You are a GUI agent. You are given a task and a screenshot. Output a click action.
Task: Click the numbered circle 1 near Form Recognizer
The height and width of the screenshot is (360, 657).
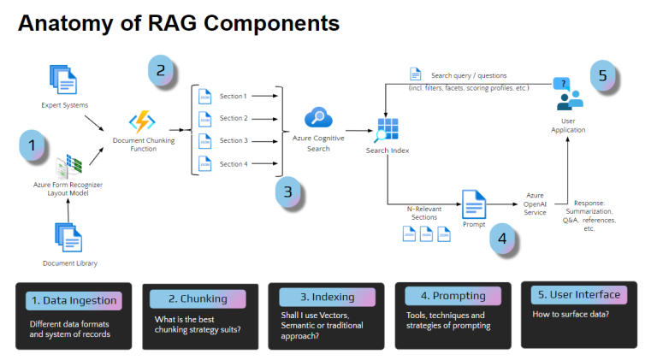[x=33, y=145]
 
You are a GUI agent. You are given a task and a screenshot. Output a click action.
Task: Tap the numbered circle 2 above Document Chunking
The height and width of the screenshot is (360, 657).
[x=161, y=70]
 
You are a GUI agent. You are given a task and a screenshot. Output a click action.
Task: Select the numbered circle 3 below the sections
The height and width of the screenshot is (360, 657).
[x=288, y=192]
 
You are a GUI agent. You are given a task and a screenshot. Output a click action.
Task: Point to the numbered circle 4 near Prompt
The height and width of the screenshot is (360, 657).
[x=503, y=239]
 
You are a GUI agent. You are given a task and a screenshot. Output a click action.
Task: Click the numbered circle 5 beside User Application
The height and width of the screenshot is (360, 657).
[x=602, y=74]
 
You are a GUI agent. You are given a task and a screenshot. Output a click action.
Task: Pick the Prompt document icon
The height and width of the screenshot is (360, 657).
[x=473, y=204]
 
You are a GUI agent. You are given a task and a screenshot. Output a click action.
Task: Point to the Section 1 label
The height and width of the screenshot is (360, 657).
[x=233, y=96]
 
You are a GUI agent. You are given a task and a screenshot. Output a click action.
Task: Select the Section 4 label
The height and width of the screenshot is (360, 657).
[x=233, y=163]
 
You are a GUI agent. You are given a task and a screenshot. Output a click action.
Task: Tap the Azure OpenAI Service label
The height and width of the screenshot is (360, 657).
[x=535, y=204]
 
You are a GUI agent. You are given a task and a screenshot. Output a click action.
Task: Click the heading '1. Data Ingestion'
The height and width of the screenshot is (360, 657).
[x=74, y=300]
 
